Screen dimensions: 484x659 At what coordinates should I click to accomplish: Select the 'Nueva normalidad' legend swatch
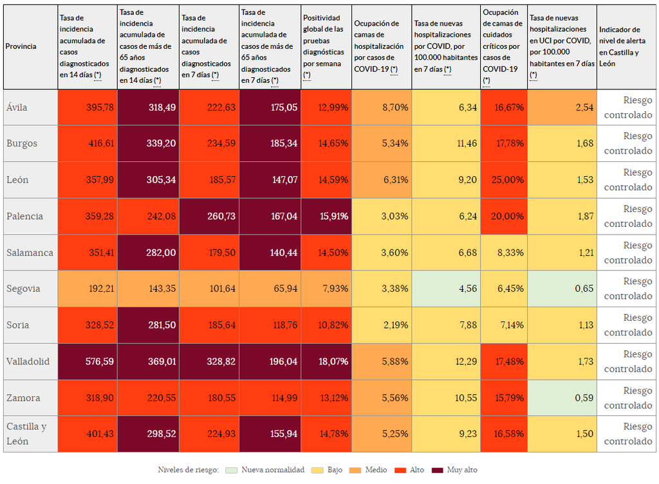[x=232, y=470]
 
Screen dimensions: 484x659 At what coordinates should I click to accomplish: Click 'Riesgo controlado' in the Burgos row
[x=627, y=143]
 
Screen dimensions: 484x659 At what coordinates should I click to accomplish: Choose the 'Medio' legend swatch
[x=355, y=470]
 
